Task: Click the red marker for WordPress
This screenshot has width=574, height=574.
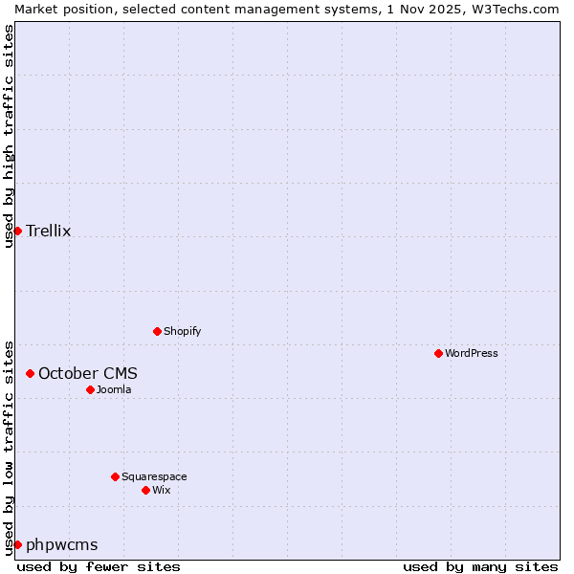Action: (438, 353)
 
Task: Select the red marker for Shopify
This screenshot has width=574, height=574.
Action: (157, 331)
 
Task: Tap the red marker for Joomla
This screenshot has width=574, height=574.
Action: (90, 389)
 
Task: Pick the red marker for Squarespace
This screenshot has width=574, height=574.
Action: (115, 476)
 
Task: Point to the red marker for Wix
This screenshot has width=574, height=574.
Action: (145, 490)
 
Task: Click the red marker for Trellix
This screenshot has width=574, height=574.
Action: (17, 231)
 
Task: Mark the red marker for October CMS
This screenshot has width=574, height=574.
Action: (30, 373)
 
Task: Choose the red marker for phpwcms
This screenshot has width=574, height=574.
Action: (17, 544)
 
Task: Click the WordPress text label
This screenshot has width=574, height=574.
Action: (472, 353)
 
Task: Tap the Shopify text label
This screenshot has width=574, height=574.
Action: (183, 331)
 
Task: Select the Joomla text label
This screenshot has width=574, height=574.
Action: (114, 389)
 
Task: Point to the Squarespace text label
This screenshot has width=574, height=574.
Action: (154, 476)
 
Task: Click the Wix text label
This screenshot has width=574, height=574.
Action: (162, 490)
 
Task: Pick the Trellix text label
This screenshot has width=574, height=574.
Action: (49, 231)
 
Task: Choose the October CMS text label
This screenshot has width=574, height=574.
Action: (88, 373)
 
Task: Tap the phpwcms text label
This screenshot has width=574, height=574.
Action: (62, 545)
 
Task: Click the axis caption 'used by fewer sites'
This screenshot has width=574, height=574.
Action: (99, 566)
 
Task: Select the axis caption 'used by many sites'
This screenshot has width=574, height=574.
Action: (480, 566)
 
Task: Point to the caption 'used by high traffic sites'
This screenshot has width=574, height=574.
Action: (9, 136)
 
